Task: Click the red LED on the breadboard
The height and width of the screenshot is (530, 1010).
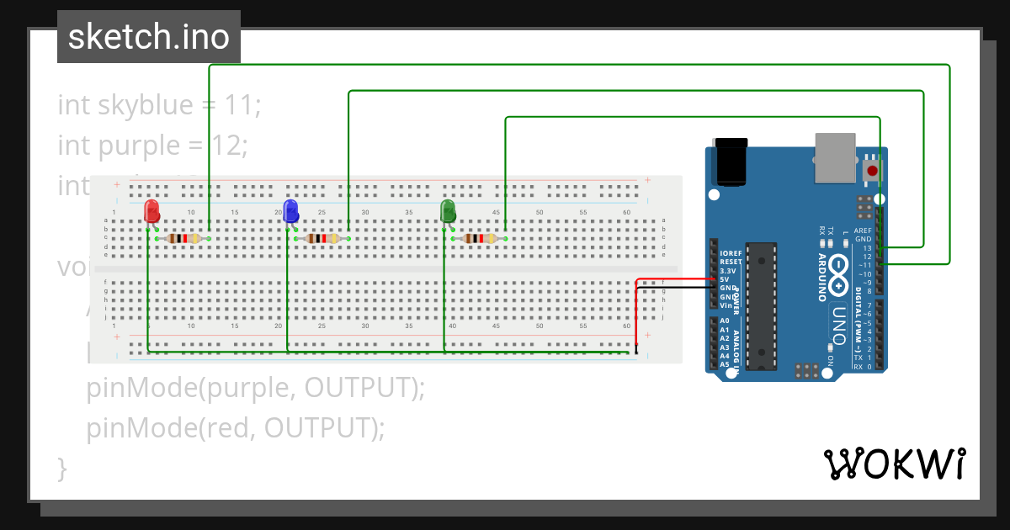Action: [151, 210]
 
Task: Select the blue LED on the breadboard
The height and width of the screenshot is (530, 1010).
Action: [291, 210]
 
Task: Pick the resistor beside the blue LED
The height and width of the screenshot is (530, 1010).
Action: [323, 239]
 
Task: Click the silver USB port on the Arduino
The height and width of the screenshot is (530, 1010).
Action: [835, 157]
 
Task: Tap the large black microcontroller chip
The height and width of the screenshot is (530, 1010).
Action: [761, 305]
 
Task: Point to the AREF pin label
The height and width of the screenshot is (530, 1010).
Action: [863, 231]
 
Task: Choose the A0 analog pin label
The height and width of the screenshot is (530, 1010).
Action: [724, 321]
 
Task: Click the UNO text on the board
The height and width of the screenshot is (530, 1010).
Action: [838, 324]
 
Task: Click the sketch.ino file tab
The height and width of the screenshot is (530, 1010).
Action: [148, 37]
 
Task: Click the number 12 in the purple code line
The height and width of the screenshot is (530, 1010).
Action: [226, 146]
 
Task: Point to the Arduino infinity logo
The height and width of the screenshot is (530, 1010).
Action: [838, 269]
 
